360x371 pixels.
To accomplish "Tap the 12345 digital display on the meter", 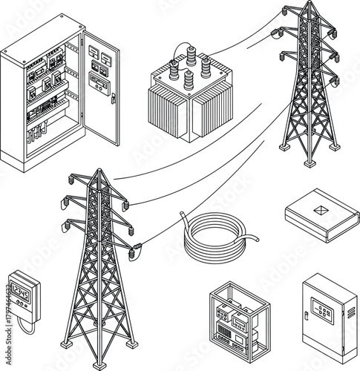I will [20, 295].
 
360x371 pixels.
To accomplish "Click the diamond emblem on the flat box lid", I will [321, 211].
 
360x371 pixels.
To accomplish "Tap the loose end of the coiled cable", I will [255, 240].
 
